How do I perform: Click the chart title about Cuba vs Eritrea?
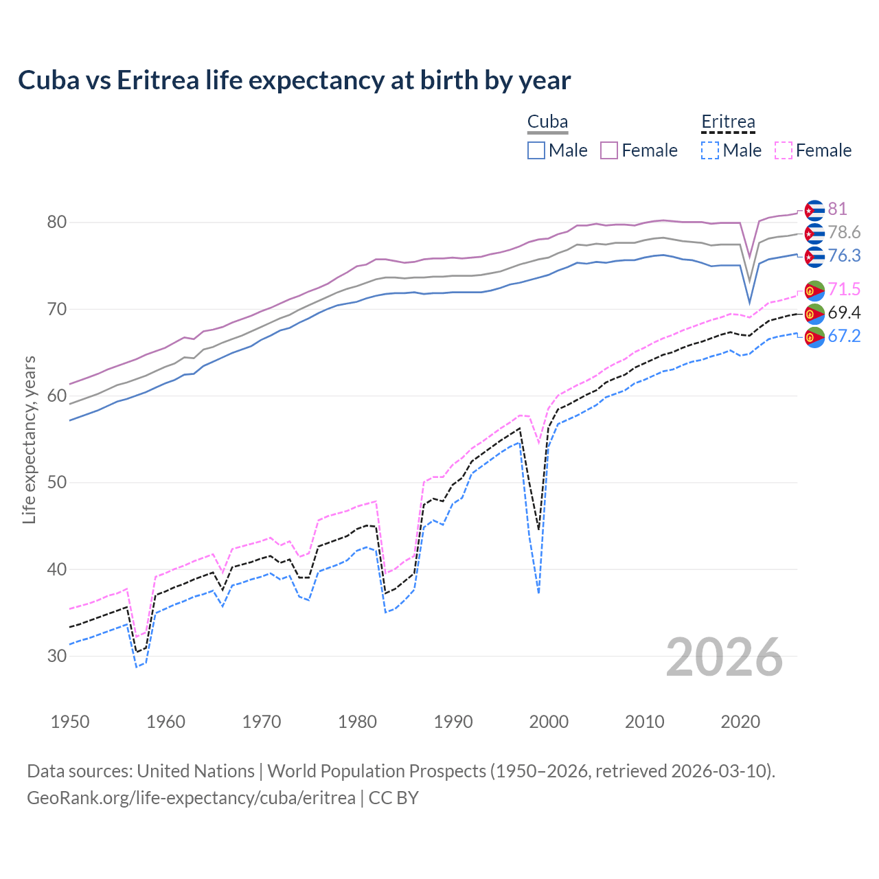pos(294,80)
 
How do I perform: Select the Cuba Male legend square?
pos(536,150)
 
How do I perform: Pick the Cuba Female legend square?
pos(609,150)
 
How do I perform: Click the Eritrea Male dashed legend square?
pos(710,150)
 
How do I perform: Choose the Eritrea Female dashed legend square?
pos(784,150)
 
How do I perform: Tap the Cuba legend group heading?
pos(547,122)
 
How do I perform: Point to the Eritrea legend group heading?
pos(728,122)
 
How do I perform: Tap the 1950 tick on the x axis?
pos(70,722)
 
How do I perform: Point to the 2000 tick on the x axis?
pos(549,722)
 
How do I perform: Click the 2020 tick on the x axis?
pos(740,722)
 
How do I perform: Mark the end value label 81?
pos(837,209)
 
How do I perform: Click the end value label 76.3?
pos(844,256)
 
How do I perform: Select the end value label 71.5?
pos(844,289)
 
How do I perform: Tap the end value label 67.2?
pos(844,336)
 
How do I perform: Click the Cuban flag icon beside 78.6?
pos(814,233)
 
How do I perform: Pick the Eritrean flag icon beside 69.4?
pos(814,314)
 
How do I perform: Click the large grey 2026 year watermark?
pos(724,657)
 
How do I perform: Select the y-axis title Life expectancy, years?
pos(30,439)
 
